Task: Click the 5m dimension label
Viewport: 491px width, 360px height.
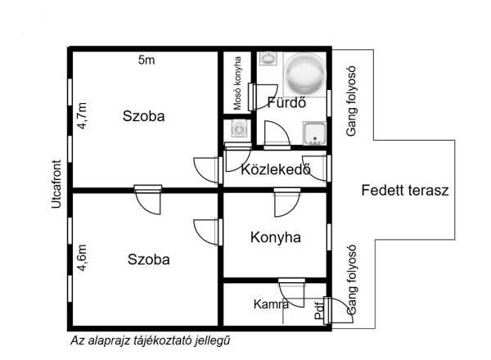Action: click(146, 60)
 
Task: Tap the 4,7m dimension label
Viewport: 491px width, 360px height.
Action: click(83, 115)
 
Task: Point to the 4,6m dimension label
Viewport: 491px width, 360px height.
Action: click(83, 258)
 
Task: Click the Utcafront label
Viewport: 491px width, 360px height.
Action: click(56, 184)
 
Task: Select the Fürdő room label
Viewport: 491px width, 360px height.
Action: click(286, 102)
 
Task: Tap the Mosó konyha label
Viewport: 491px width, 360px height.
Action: click(237, 83)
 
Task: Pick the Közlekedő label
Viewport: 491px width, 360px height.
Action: click(276, 169)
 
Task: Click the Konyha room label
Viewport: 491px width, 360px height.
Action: click(276, 237)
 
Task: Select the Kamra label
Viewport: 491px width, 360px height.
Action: click(271, 304)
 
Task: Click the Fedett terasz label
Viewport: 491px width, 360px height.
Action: click(405, 191)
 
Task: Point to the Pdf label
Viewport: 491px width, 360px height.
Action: click(319, 310)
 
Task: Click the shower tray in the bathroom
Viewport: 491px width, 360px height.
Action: click(314, 133)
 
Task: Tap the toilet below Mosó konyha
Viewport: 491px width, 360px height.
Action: click(239, 128)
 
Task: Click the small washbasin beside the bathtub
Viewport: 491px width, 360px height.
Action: click(268, 59)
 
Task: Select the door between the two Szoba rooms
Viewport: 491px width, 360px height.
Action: click(148, 200)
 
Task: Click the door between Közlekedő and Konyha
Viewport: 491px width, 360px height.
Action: click(287, 202)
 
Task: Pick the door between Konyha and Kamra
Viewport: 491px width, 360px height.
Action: click(291, 292)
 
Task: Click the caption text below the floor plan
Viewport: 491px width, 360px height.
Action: click(151, 340)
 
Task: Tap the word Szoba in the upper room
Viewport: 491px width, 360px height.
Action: click(144, 116)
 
